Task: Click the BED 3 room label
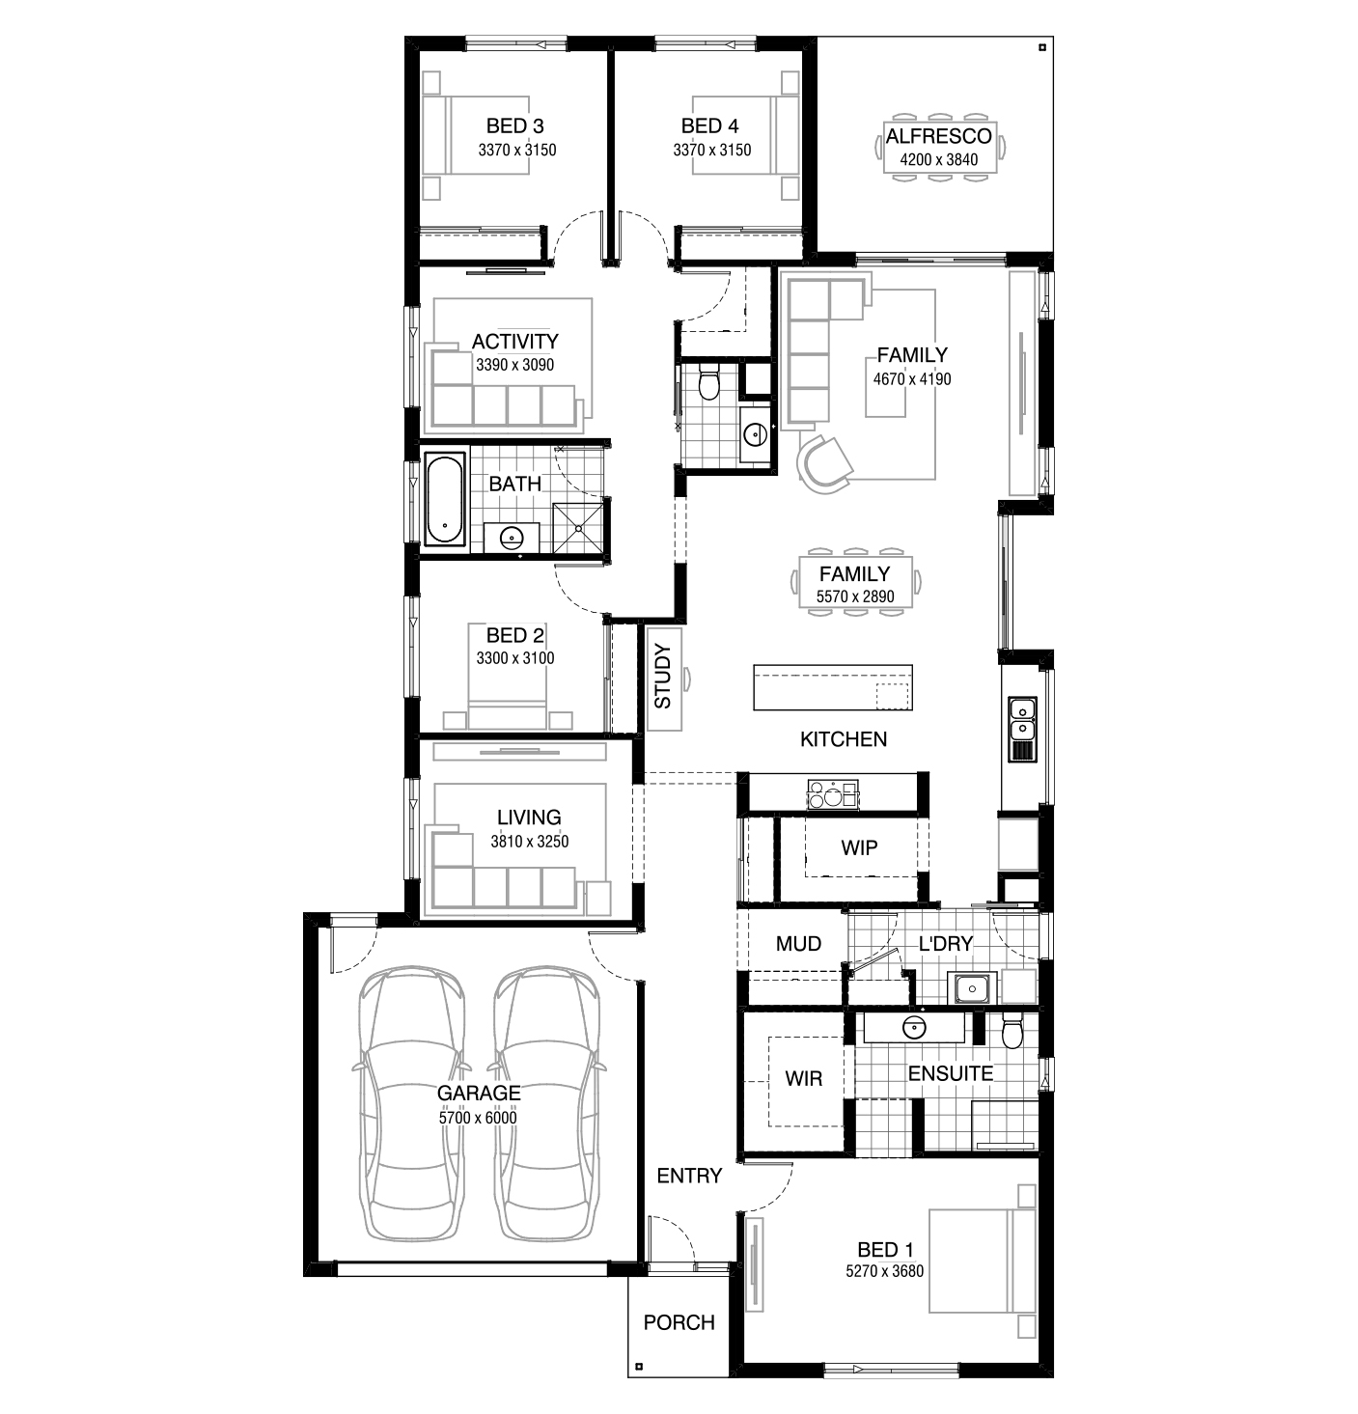pyautogui.click(x=514, y=126)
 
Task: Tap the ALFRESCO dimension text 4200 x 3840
pyautogui.click(x=939, y=160)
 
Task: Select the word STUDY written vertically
pyautogui.click(x=663, y=676)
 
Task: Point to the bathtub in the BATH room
pyautogui.click(x=445, y=498)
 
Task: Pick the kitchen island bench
pyautogui.click(x=833, y=686)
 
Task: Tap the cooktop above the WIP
pyautogui.click(x=833, y=794)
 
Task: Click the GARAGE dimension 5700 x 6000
pyautogui.click(x=478, y=1119)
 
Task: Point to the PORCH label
pyautogui.click(x=679, y=1322)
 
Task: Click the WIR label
pyautogui.click(x=804, y=1078)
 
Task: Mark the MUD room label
pyautogui.click(x=798, y=944)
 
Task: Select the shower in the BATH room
pyautogui.click(x=577, y=528)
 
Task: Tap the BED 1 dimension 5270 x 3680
pyautogui.click(x=884, y=1271)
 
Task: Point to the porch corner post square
pyautogui.click(x=639, y=1367)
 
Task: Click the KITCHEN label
pyautogui.click(x=844, y=739)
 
